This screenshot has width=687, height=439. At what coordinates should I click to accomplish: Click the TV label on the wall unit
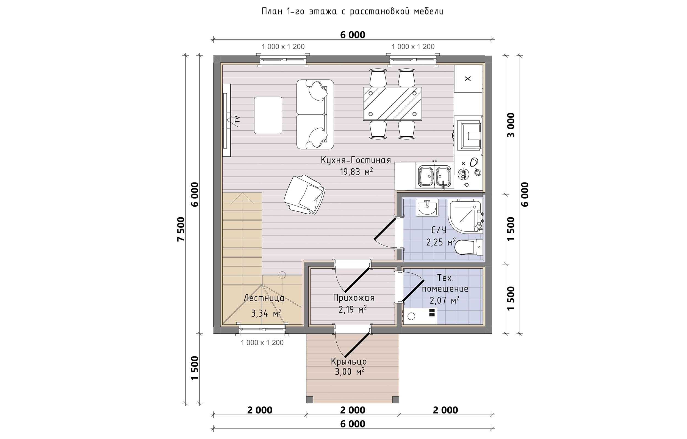click(237, 120)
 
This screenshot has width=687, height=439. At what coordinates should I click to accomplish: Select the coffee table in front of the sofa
click(268, 115)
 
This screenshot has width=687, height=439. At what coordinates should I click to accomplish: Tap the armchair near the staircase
click(304, 195)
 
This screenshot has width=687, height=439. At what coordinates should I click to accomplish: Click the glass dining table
click(392, 103)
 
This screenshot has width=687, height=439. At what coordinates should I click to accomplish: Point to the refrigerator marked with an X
click(468, 78)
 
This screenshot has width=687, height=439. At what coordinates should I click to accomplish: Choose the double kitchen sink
click(434, 176)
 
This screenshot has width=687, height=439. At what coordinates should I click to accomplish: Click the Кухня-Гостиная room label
click(356, 160)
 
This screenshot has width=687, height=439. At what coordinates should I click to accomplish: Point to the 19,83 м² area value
click(356, 171)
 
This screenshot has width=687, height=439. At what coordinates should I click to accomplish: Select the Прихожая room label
click(354, 298)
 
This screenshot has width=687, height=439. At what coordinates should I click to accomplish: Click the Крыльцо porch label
click(349, 361)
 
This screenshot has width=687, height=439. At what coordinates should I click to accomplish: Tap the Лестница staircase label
click(264, 298)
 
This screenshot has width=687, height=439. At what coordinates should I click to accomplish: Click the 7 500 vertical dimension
click(181, 229)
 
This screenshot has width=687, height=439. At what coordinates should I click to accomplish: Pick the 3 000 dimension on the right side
click(511, 125)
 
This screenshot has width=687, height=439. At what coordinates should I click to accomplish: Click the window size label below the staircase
click(262, 343)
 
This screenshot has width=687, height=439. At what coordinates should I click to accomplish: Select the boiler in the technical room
click(419, 316)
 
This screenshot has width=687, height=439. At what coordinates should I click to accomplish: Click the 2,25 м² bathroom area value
click(441, 242)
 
